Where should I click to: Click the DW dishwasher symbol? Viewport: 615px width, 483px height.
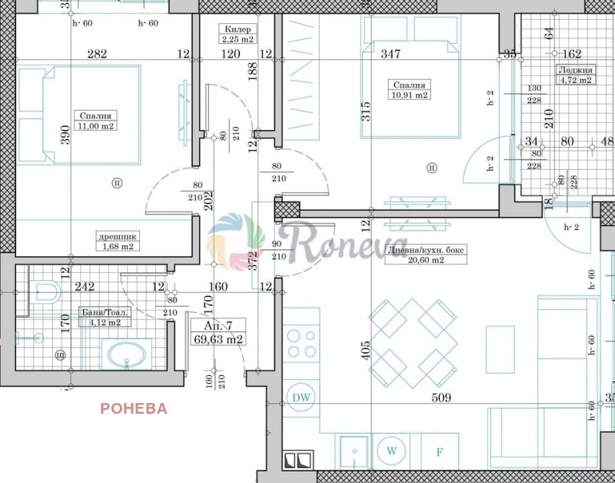click(x=301, y=398)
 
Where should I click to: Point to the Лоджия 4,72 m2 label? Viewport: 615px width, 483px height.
click(x=574, y=74)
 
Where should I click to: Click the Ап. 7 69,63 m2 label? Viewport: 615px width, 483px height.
click(x=218, y=333)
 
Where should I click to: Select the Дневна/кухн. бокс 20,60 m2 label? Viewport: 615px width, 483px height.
click(x=415, y=255)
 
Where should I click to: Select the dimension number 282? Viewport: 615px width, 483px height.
click(x=97, y=54)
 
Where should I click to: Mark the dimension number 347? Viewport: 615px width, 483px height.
click(x=391, y=54)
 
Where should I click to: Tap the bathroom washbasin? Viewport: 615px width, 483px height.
click(x=126, y=357)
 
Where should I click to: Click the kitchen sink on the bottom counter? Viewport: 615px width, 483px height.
click(x=354, y=451)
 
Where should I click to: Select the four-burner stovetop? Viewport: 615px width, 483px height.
click(x=301, y=343)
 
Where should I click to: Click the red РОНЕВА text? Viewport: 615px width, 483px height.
click(x=133, y=408)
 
